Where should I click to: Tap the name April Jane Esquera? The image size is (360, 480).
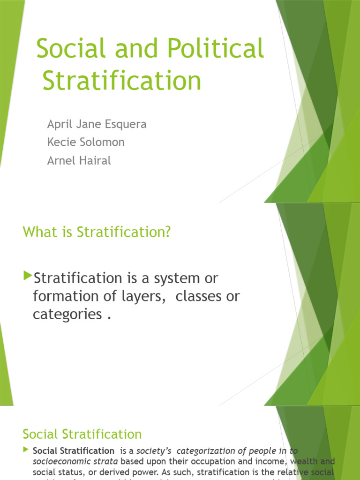point(97,124)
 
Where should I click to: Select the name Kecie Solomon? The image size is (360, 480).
point(86,142)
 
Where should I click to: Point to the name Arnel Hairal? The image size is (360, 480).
point(79,161)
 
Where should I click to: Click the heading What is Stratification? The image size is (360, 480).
point(97,232)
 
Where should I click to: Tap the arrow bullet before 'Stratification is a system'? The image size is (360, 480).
point(28,275)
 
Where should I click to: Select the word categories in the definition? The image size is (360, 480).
point(67,315)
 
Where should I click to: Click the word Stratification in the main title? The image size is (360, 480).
point(122,81)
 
